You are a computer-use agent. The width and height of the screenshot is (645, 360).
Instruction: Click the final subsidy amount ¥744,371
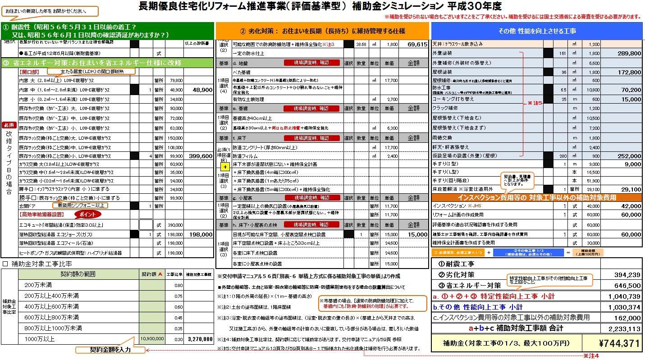pos(619,343)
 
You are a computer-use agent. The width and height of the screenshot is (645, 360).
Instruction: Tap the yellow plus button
pos(225,167)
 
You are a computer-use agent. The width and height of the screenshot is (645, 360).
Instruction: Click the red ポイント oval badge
pos(91,214)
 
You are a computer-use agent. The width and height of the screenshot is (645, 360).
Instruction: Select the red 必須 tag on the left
pos(9,125)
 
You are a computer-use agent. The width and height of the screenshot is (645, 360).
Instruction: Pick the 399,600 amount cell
pos(198,156)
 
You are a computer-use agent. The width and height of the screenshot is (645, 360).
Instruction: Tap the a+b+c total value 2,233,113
pos(624,328)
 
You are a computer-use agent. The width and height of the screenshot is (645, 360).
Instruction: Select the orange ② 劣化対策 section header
pos(322,31)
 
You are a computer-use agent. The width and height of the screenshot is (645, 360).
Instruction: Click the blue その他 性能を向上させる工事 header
pos(536,31)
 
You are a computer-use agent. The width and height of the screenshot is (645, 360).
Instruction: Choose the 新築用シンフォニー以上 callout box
pos(81,205)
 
